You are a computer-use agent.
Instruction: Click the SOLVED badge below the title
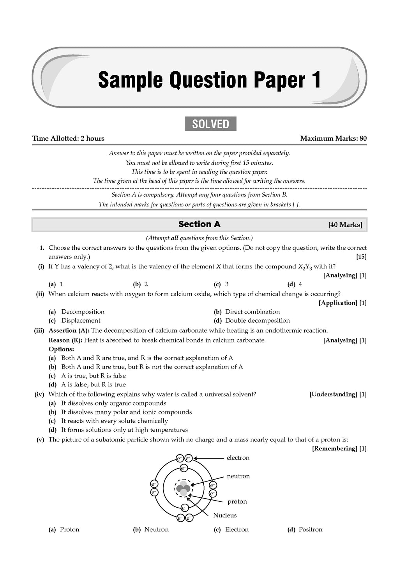point(210,124)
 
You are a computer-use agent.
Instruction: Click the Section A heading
point(199,224)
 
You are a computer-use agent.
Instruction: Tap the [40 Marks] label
point(345,225)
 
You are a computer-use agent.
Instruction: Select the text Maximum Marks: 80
point(333,138)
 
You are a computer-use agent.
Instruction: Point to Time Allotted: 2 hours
point(68,138)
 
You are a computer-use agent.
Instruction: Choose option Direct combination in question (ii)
point(252,312)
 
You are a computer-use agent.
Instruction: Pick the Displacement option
point(81,321)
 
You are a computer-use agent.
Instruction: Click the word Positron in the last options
point(310,529)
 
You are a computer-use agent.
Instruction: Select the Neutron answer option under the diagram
point(156,529)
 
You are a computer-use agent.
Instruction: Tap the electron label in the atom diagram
point(238,458)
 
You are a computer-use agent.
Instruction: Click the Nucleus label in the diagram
point(225,515)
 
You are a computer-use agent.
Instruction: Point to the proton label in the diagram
point(237,501)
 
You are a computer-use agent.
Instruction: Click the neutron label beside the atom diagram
point(238,476)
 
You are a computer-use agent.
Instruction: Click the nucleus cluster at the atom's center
point(183,488)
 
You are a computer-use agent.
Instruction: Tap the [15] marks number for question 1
point(361,257)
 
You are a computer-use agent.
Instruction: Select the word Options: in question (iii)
point(61,349)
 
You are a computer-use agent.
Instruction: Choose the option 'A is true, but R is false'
point(93,376)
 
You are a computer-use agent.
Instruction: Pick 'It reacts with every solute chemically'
point(114,421)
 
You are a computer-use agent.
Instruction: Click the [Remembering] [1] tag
point(339,448)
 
